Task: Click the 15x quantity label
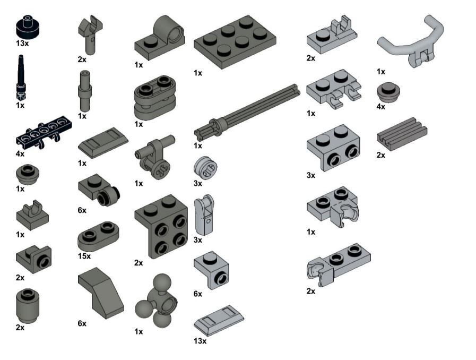click(84, 256)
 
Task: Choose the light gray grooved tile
click(402, 134)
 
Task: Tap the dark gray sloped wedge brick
click(101, 293)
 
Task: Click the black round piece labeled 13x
click(28, 27)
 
